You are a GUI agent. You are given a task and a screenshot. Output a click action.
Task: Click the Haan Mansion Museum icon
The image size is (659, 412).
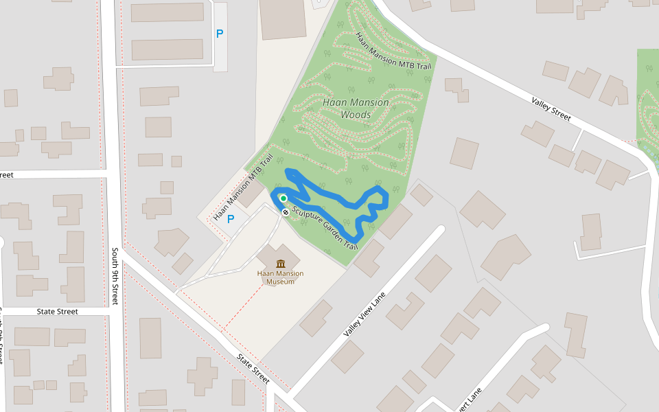281,264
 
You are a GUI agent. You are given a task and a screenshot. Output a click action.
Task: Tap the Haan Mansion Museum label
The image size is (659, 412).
280,277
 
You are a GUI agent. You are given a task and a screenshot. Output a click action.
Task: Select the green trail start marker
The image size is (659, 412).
282,198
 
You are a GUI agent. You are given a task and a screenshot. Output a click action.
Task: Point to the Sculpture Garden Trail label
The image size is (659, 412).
325,227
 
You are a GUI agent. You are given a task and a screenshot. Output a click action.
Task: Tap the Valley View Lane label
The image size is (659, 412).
365,315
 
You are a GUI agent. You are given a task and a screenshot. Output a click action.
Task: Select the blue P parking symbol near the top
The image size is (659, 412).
220,33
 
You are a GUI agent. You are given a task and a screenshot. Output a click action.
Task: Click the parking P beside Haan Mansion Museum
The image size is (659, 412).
231,219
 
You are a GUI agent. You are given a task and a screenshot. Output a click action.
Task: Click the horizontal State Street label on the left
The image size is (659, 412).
58,312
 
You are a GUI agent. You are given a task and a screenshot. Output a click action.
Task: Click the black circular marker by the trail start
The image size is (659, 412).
286,212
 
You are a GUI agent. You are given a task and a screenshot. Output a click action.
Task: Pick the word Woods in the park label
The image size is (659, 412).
356,115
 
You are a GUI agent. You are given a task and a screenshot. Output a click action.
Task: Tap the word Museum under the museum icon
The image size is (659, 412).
280,282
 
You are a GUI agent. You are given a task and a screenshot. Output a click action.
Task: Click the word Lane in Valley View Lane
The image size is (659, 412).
379,299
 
